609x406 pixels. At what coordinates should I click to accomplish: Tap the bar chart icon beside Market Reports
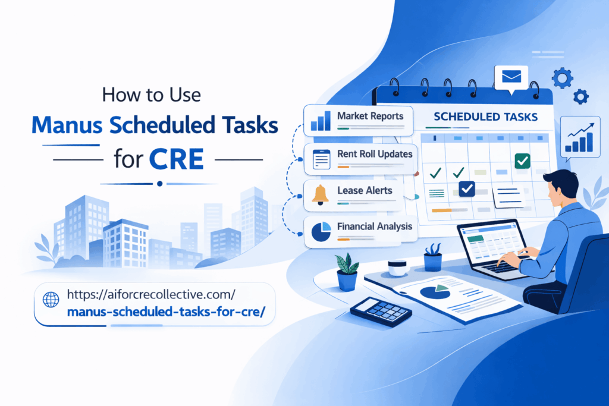click(x=320, y=121)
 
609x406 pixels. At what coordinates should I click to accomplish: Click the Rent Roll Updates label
click(x=375, y=154)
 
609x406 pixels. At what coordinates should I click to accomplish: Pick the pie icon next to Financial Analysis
click(x=321, y=231)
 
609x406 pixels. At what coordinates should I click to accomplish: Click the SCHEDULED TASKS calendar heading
click(x=486, y=117)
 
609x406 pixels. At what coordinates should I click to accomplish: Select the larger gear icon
click(x=561, y=78)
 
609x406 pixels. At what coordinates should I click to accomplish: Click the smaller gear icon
click(x=580, y=96)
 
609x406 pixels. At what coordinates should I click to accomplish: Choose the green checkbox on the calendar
click(x=522, y=160)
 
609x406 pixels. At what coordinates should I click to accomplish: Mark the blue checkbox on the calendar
click(x=466, y=189)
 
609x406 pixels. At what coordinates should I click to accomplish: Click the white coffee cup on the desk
click(x=397, y=267)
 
